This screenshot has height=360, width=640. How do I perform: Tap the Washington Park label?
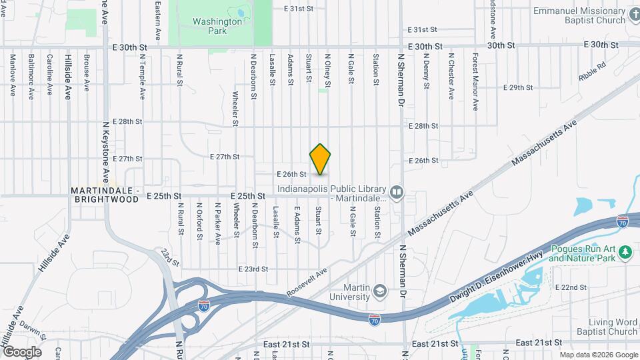(217, 26)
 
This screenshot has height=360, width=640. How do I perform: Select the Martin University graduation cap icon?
(379, 291)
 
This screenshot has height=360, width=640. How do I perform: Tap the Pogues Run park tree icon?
(625, 253)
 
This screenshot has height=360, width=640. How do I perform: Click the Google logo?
(22, 351)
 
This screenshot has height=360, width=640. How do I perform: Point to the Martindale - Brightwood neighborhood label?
(105, 195)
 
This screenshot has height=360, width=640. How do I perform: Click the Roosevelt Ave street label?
(307, 283)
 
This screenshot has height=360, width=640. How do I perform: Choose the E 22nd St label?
(571, 287)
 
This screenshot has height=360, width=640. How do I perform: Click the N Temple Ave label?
(142, 77)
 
